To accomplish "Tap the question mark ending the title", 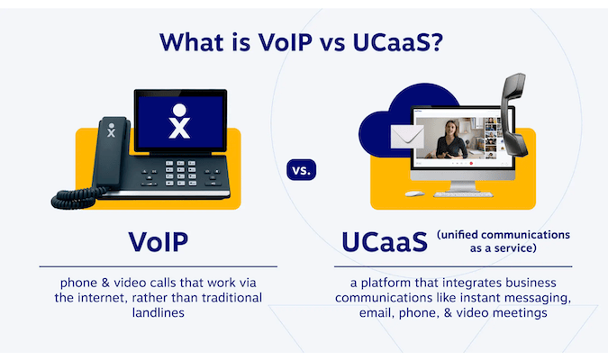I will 441,43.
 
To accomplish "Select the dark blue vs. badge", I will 303,170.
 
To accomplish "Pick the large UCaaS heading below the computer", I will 385,243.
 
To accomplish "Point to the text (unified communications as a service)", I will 504,242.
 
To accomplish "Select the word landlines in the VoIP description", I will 158,312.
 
